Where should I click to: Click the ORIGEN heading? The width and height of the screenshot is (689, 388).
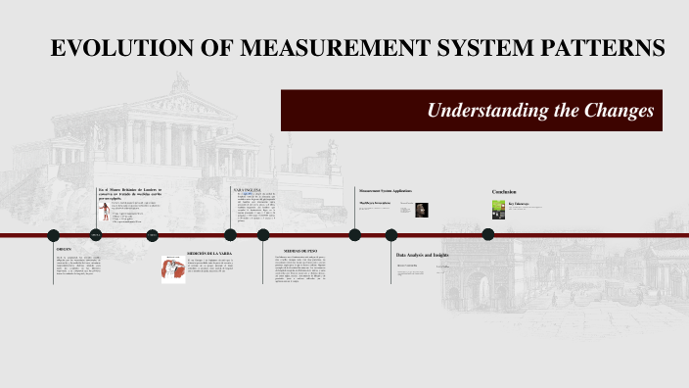point(64,251)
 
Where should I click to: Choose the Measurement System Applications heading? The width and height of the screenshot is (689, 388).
point(386,190)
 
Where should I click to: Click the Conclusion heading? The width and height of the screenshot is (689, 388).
point(504,191)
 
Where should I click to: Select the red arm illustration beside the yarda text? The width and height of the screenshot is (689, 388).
point(174,269)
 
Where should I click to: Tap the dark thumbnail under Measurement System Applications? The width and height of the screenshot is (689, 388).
point(421,209)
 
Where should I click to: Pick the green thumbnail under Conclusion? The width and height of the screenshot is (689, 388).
point(497,209)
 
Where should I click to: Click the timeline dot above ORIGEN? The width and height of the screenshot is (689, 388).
point(54,235)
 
